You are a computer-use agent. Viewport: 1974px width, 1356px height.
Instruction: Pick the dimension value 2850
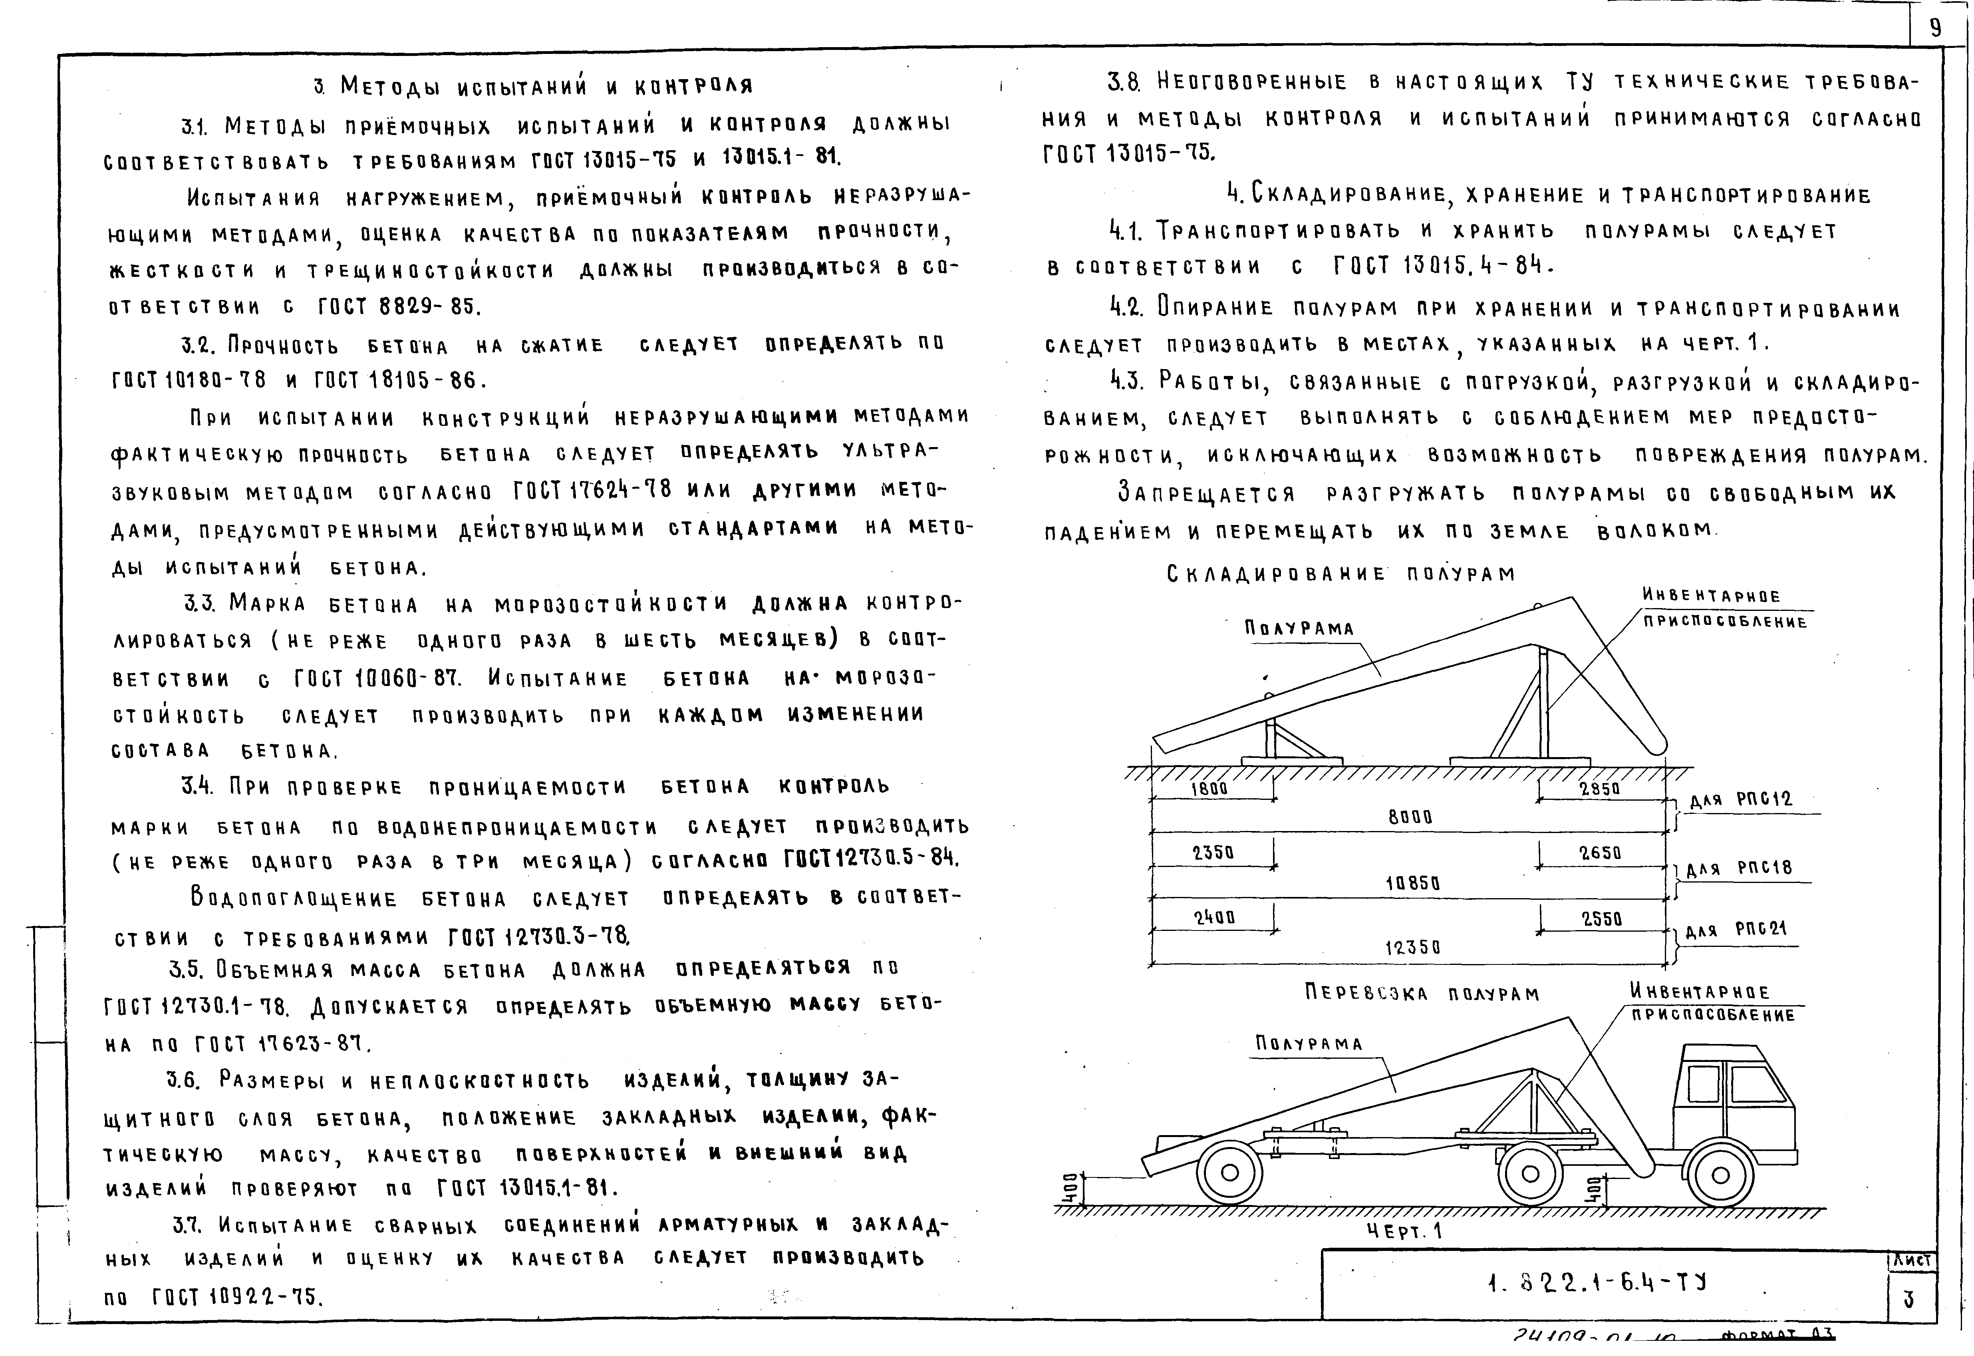pos(1599,788)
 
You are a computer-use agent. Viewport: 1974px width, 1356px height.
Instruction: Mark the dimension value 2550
pos(1601,919)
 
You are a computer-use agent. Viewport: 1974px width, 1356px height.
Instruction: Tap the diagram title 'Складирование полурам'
pos(1340,575)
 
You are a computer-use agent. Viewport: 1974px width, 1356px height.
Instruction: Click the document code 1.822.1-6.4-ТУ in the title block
pos(1597,1283)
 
